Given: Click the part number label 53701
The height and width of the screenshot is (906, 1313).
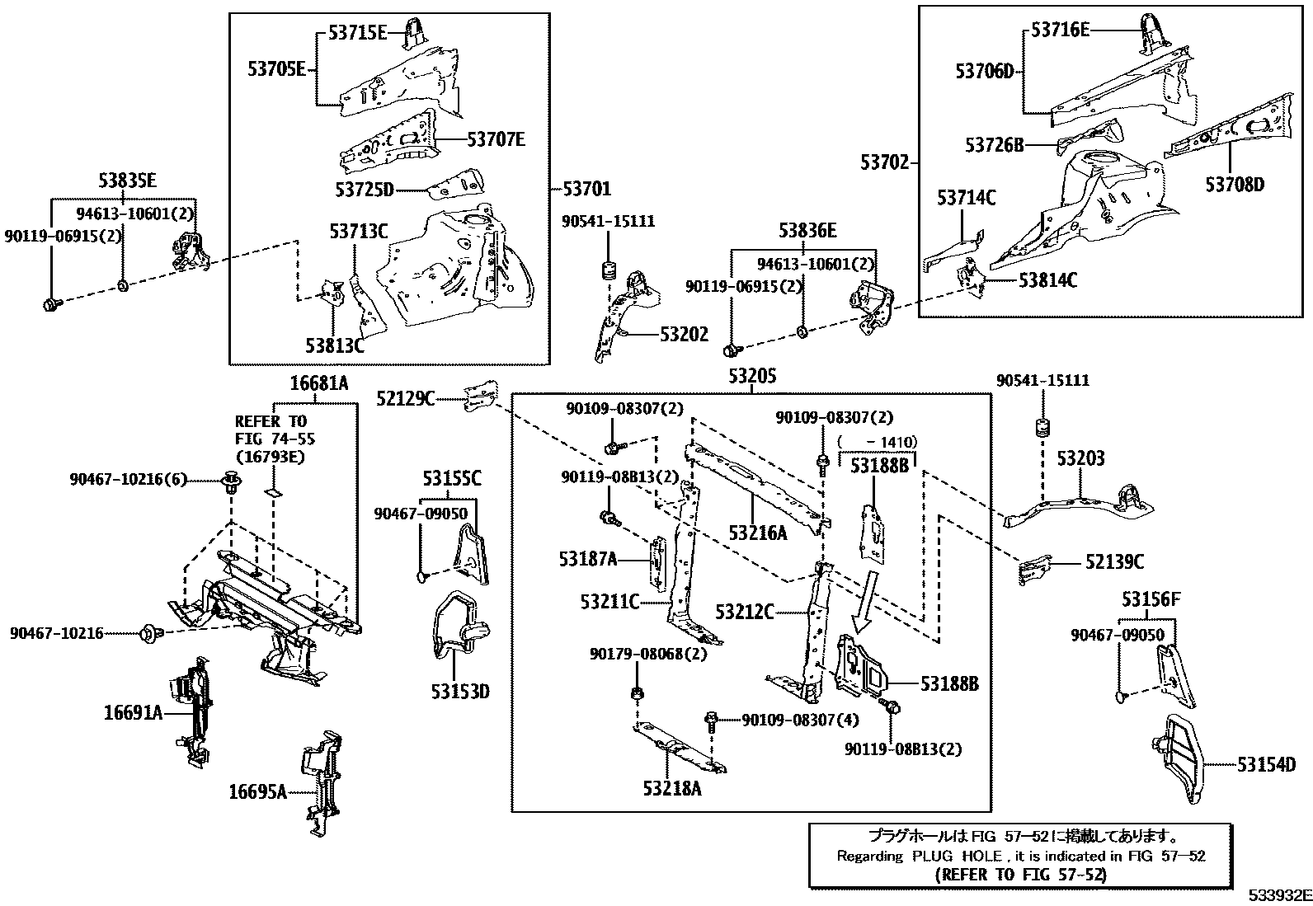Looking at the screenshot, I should click(587, 190).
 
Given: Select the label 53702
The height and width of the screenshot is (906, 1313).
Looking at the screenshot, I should click(884, 162).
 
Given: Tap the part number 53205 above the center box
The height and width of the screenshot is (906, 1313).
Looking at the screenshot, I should click(752, 377).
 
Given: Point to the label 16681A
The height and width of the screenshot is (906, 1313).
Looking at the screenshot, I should click(319, 383).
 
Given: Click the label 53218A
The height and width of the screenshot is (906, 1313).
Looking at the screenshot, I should click(672, 789).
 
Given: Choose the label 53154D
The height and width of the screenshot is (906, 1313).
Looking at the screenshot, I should click(1266, 765).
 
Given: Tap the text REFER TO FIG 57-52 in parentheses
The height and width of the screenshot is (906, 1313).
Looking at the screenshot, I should click(1021, 875).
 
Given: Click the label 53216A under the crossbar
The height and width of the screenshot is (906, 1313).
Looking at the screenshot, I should click(757, 533).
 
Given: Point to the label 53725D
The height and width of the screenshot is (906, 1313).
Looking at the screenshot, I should click(365, 190).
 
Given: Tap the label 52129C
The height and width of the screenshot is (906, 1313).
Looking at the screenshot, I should click(406, 399).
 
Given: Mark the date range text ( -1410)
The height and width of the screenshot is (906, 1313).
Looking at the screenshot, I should click(877, 443).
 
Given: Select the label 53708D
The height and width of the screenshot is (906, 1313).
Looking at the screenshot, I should click(1234, 184).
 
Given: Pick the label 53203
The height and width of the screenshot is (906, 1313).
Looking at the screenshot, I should click(1080, 458).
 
